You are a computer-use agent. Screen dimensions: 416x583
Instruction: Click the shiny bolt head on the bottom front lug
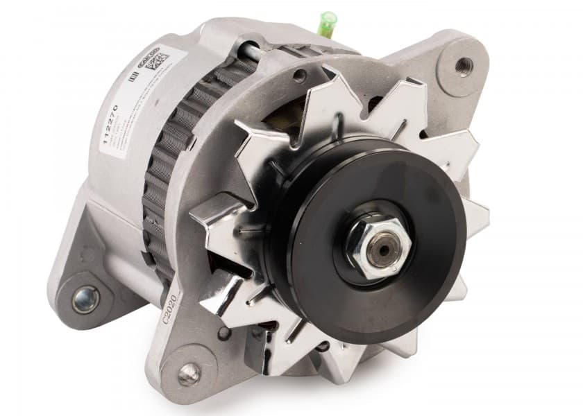coord(187,374)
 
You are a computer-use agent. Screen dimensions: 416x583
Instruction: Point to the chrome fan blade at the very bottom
coord(326,361)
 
